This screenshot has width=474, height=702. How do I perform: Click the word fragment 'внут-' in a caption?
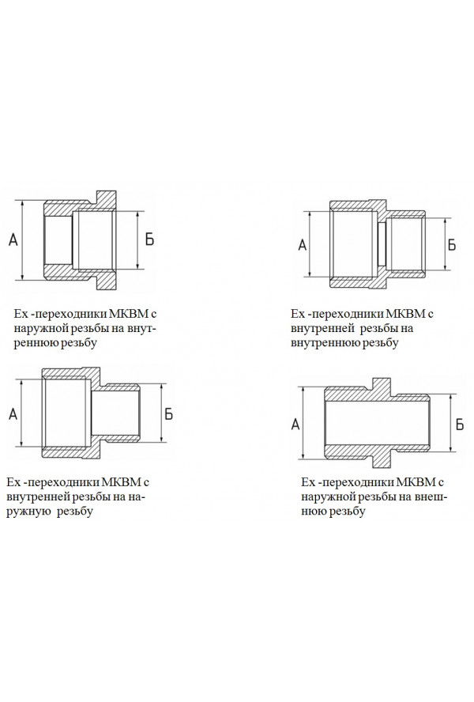point(141,328)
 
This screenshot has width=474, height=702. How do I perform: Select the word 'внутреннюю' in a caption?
point(324,343)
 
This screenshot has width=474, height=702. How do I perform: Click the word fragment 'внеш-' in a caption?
point(431,496)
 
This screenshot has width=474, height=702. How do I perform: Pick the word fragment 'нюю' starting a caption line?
point(311,511)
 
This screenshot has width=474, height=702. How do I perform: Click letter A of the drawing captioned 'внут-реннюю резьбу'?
point(13,240)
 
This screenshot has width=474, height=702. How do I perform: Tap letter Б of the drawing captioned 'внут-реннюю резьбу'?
point(149,240)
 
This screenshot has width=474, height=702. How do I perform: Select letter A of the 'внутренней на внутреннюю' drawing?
point(303,245)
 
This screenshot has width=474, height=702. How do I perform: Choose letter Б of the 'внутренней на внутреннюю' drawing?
point(452,245)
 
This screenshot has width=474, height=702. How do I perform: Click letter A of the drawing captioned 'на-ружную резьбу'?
point(13,414)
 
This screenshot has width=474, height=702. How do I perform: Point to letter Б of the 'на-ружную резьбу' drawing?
point(168,414)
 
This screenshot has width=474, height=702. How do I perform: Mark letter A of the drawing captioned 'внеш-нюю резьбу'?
point(295,424)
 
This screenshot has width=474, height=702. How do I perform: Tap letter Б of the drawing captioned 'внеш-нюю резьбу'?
point(460,424)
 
